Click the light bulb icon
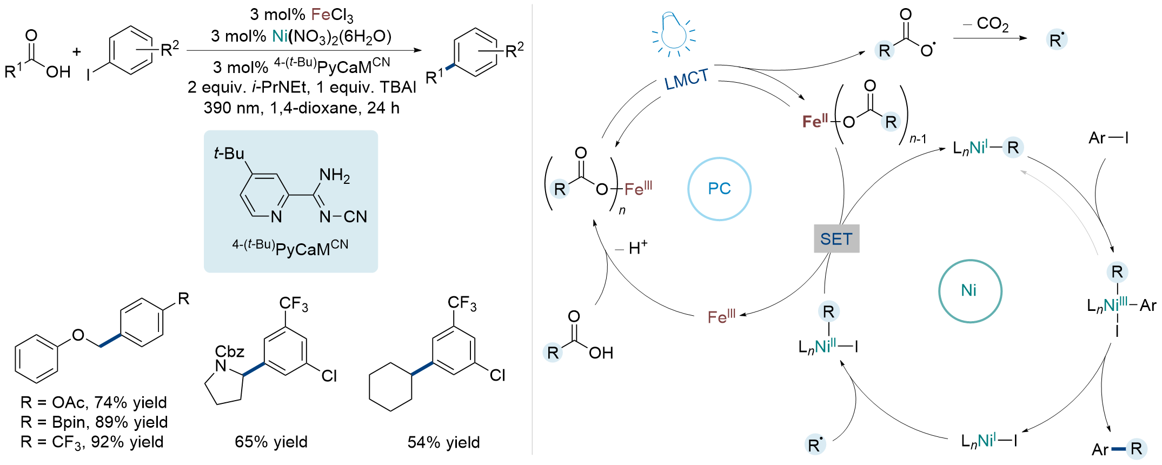(x=674, y=34)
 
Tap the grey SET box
(x=836, y=239)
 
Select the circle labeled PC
(x=719, y=189)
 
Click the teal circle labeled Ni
(x=970, y=291)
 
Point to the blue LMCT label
(x=686, y=81)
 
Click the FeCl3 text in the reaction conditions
(x=332, y=15)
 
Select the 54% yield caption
(x=443, y=442)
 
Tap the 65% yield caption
(x=271, y=442)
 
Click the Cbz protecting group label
(x=230, y=352)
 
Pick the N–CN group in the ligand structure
(x=343, y=217)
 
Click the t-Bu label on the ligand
(x=229, y=154)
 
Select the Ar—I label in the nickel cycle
(x=1108, y=138)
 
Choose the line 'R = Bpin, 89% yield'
(x=94, y=422)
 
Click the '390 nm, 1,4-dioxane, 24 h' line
(x=301, y=108)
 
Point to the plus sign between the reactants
(x=77, y=52)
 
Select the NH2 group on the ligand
(x=334, y=175)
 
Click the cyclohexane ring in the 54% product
(x=390, y=387)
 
